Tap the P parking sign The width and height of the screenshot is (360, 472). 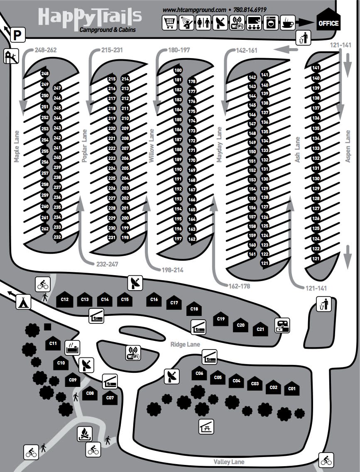17,35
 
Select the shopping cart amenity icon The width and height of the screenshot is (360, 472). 170,22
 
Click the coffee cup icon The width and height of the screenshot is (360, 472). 287,22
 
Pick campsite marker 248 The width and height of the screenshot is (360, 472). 45,73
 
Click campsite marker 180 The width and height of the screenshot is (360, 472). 178,70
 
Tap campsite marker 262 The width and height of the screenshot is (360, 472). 45,228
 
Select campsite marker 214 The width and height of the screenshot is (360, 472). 125,78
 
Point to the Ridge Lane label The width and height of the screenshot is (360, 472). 185,344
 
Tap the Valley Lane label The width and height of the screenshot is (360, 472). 229,462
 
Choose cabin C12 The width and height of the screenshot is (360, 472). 64,300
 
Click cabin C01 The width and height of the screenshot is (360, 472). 292,389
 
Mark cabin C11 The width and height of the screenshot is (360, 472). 53,343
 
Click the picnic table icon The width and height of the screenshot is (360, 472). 206,426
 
